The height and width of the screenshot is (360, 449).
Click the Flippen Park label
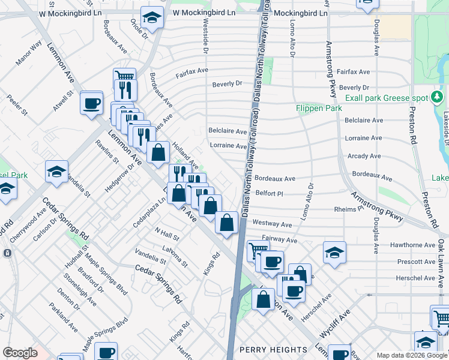(x=319, y=109)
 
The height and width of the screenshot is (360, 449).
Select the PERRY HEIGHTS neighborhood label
(x=273, y=350)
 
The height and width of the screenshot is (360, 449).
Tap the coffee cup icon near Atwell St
(x=92, y=103)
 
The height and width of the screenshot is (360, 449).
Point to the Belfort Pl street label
(x=268, y=194)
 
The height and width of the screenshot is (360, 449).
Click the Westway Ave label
(x=272, y=224)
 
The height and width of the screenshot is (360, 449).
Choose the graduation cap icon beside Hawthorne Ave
(x=334, y=253)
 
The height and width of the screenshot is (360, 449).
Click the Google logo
(x=20, y=352)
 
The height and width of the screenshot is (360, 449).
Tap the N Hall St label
(x=167, y=233)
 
